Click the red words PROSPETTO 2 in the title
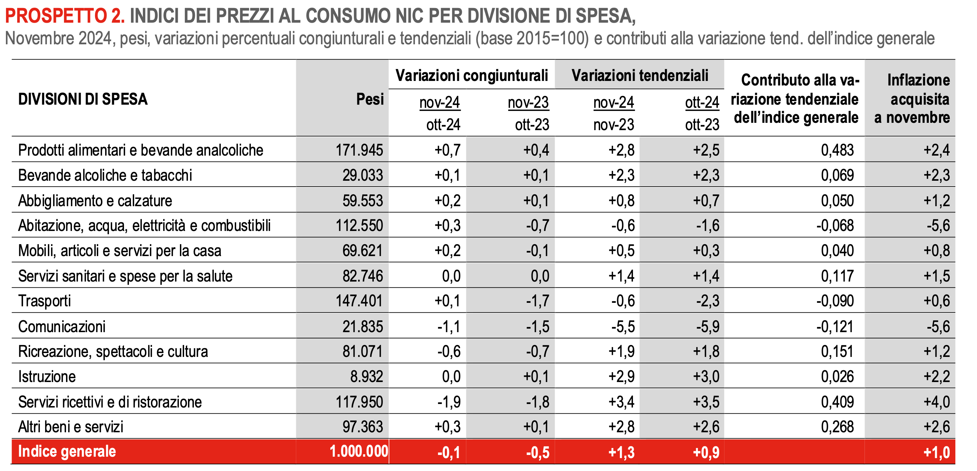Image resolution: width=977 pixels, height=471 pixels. [65, 16]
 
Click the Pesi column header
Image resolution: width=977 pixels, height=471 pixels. [370, 99]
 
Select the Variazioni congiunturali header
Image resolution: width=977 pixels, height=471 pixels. [472, 75]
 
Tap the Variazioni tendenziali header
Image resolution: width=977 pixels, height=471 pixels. [640, 75]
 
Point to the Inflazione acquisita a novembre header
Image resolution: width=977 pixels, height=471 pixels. [912, 98]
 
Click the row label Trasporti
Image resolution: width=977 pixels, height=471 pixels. [45, 301]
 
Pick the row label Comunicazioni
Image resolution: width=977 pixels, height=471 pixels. [62, 327]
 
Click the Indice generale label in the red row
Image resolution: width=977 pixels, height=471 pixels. [67, 451]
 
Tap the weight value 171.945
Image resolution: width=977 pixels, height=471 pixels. [359, 150]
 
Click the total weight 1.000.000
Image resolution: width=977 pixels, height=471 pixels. [358, 451]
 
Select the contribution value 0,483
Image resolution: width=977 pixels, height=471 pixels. [837, 150]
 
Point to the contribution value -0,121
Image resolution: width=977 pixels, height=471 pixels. [835, 327]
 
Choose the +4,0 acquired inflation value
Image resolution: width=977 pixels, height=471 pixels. [936, 402]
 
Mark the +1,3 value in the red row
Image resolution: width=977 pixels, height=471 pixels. [621, 452]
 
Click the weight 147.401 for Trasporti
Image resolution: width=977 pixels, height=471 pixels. [359, 301]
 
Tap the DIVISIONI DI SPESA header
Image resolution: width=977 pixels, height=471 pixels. [83, 99]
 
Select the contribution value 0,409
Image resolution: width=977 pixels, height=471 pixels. [837, 402]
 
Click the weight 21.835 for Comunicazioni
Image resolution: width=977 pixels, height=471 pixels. [363, 327]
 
